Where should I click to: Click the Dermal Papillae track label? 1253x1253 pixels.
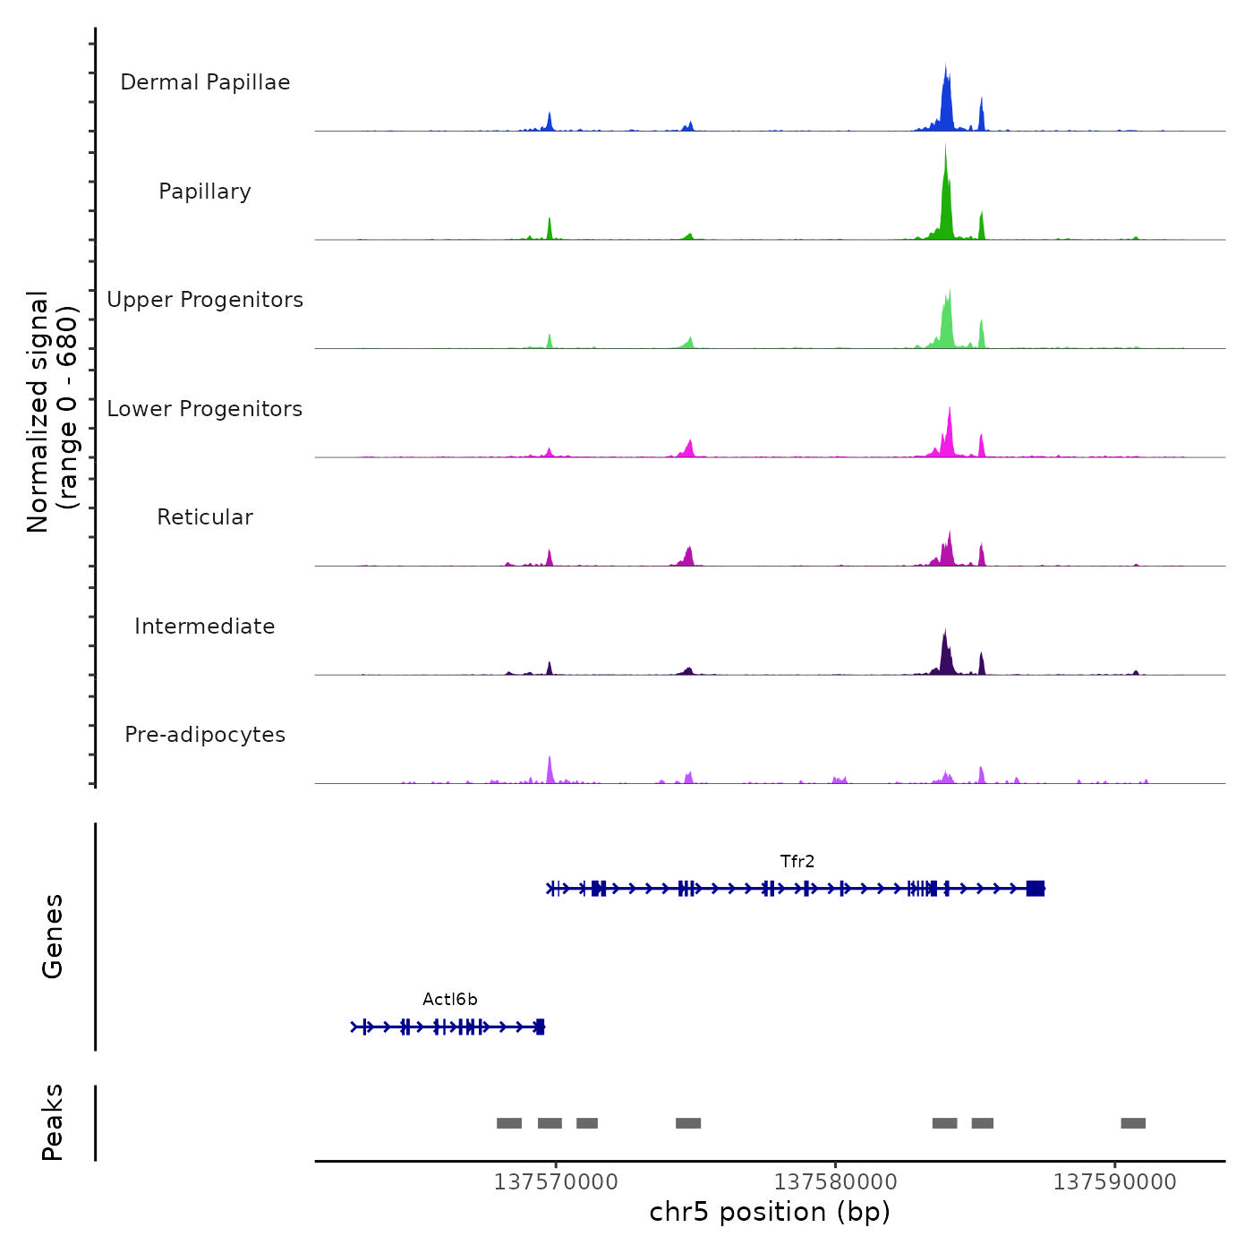[205, 82]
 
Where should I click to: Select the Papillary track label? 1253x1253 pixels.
[205, 192]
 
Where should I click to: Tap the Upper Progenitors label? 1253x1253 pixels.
[205, 300]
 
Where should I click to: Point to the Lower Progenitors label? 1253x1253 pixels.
[205, 409]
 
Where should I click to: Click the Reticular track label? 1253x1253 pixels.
[205, 517]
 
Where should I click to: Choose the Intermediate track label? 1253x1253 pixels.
[205, 626]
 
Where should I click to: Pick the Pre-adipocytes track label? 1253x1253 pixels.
[205, 735]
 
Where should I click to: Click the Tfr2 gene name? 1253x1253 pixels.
[797, 862]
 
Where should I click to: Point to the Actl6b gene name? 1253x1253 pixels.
[450, 1000]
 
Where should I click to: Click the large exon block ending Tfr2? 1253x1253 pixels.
[1036, 888]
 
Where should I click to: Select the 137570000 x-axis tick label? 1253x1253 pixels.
[556, 1182]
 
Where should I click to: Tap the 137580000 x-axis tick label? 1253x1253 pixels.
[836, 1182]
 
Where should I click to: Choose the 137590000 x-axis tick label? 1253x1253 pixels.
[1115, 1182]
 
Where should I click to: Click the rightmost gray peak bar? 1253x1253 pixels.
[1133, 1123]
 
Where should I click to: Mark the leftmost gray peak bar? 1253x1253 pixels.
[509, 1123]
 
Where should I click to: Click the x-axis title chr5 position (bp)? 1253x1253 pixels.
[770, 1212]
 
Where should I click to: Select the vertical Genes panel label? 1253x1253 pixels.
[53, 936]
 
